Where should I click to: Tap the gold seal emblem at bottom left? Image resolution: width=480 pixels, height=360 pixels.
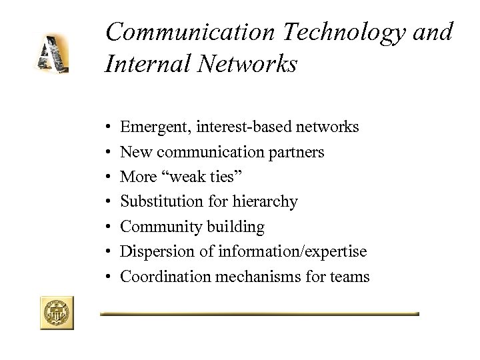coord(57,312)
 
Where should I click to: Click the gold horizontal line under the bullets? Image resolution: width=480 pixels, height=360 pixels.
coord(259,313)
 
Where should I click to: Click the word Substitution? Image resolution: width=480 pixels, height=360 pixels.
coord(157,201)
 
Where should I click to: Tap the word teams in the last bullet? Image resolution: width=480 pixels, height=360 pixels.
coord(349,276)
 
